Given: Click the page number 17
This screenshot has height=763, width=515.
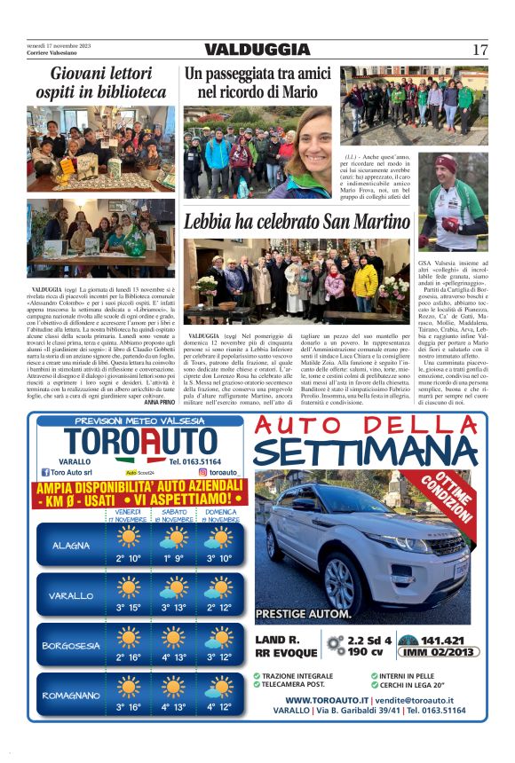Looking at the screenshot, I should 479,50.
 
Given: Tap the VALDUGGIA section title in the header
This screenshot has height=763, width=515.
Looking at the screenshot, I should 257,51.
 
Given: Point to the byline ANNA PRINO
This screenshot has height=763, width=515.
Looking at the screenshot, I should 160,402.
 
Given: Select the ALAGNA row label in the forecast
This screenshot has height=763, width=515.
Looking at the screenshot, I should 70,545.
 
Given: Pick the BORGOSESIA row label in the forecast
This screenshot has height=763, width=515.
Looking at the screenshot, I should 71,645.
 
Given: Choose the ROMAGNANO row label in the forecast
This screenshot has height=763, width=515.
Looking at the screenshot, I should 71,696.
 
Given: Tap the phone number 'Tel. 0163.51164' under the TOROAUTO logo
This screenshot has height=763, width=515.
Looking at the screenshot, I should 198,461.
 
